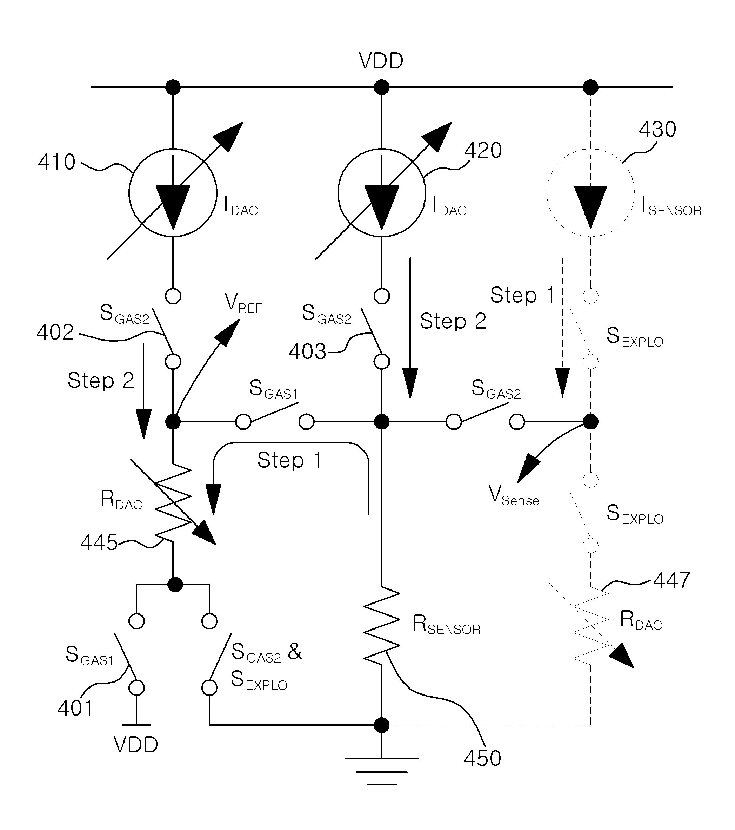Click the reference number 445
click(x=99, y=542)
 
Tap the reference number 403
click(x=307, y=351)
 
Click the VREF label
click(x=243, y=304)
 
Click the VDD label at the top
click(x=381, y=61)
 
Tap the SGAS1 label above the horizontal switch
click(x=273, y=389)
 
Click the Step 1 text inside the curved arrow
click(x=290, y=460)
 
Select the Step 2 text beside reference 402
click(x=101, y=381)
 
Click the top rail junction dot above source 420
click(x=381, y=87)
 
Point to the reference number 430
click(x=657, y=130)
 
